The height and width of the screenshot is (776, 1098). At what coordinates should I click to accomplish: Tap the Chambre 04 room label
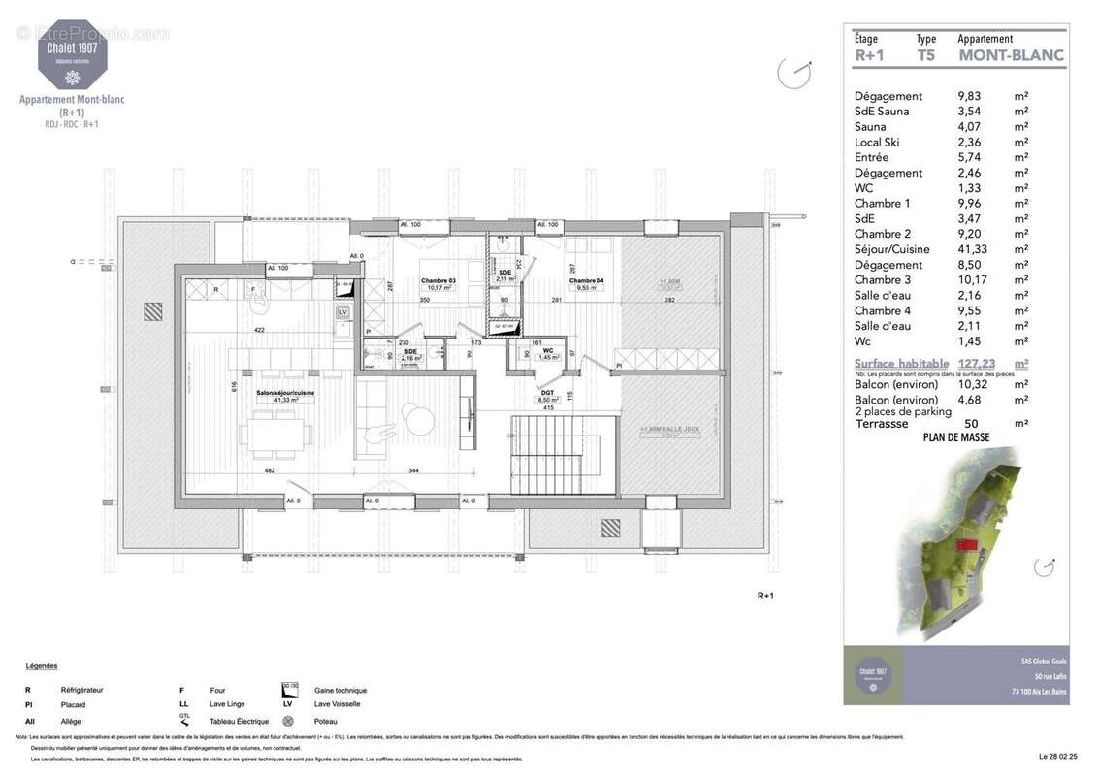tap(587, 281)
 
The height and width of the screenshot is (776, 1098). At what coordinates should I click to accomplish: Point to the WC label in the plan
tap(547, 351)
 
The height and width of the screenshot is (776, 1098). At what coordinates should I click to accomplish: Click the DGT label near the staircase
tap(548, 393)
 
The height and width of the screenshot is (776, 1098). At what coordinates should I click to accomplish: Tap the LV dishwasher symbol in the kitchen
tap(342, 311)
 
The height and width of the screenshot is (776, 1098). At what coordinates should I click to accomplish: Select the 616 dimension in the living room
tap(234, 386)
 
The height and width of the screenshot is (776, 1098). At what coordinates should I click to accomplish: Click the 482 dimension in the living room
tap(269, 470)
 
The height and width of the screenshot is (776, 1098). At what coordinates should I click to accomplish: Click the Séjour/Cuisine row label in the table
tap(891, 249)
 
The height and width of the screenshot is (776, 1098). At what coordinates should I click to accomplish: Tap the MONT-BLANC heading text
tap(1011, 55)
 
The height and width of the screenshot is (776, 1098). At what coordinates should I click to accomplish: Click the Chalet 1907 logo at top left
tap(73, 54)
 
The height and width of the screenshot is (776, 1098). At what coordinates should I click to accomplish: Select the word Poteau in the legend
tap(326, 721)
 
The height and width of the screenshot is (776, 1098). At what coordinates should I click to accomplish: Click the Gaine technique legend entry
tap(340, 690)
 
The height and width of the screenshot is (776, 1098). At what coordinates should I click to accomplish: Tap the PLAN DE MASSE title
tap(954, 437)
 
